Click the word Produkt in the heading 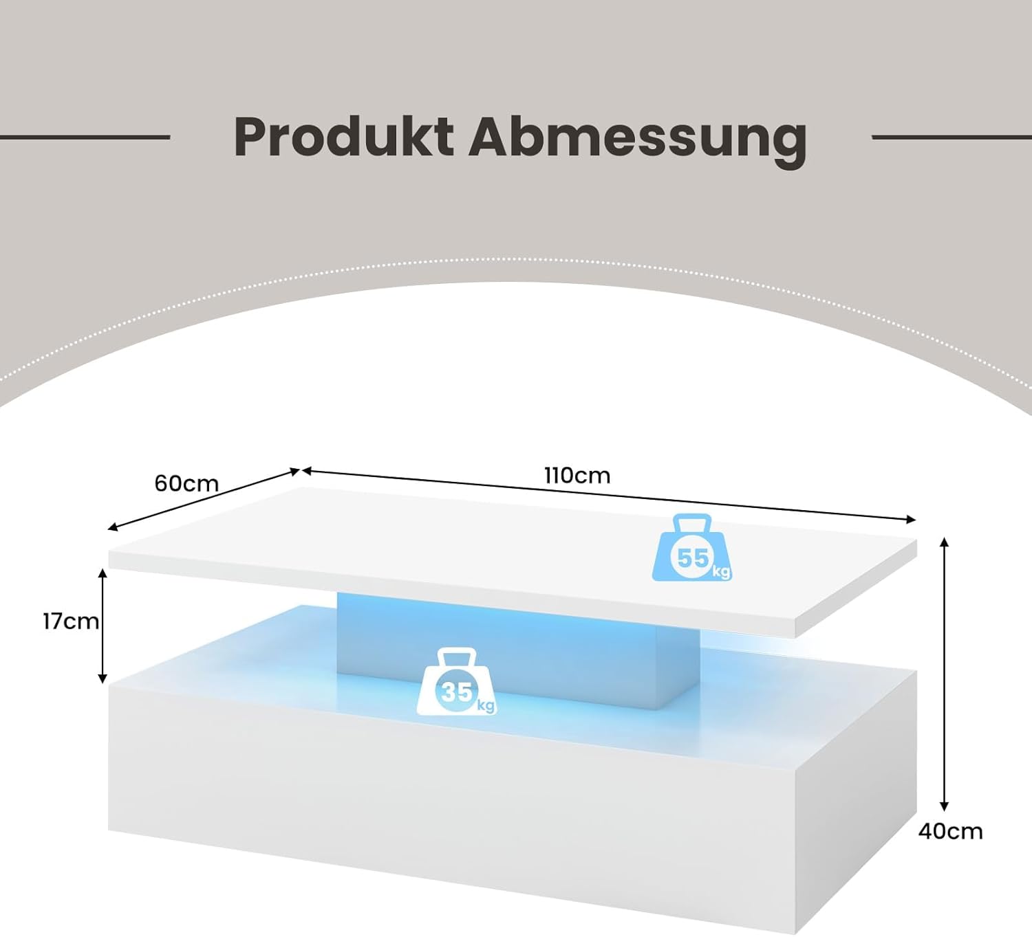[343, 137]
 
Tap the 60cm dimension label [186, 483]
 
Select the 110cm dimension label [577, 475]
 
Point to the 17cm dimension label [70, 621]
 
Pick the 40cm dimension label [950, 831]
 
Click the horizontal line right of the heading [952, 137]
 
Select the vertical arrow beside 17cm [103, 626]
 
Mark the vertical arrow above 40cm [945, 674]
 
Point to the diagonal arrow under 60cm [204, 499]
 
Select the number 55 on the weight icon [692, 558]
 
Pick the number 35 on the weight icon [456, 691]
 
